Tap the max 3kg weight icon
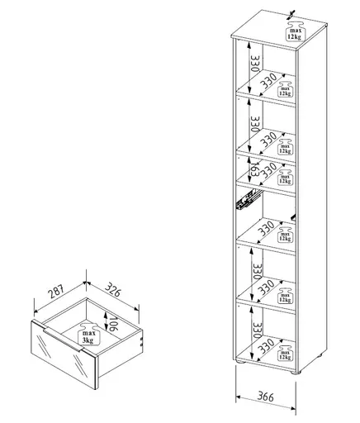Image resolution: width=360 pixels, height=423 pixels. pos(88,335)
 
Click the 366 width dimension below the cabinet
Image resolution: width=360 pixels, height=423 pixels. pos(263,396)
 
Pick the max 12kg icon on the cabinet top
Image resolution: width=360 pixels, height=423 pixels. pos(293,32)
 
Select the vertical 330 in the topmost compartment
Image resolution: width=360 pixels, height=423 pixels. pos(255,62)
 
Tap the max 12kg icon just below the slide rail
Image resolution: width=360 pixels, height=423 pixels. pos(285,233)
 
